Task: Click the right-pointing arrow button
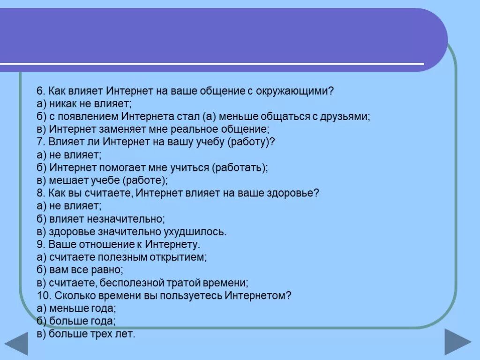click(x=457, y=342)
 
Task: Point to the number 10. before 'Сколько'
click(x=44, y=296)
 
